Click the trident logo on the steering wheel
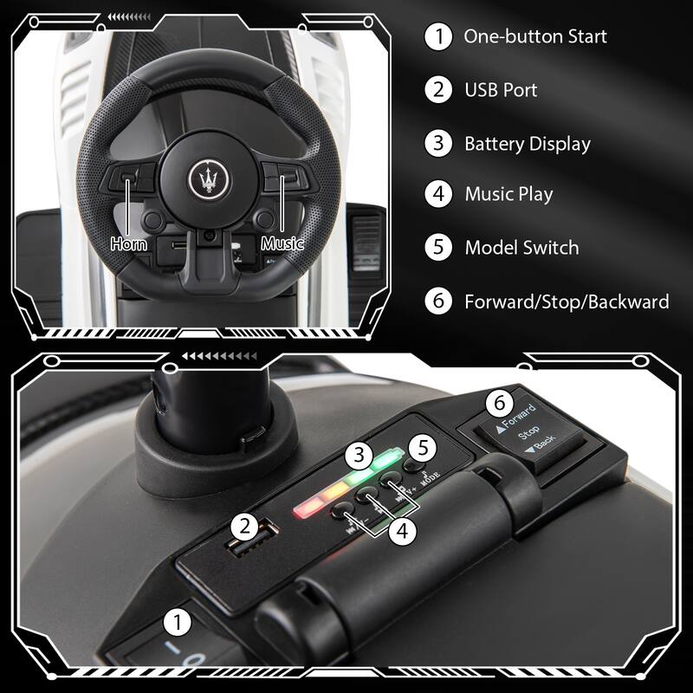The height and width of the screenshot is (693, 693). pos(207,177)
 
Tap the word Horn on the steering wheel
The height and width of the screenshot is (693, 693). pos(128,244)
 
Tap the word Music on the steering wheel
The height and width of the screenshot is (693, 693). pos(282,244)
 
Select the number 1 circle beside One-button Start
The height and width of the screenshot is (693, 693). pos(438,36)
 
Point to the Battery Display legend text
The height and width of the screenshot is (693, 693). pos(527,144)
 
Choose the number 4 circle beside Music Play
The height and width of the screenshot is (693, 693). pos(438,194)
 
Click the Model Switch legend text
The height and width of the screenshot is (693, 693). pos(521,248)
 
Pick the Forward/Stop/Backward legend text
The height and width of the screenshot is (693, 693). pos(567,301)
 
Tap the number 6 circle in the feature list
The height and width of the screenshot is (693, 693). pos(438,301)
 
